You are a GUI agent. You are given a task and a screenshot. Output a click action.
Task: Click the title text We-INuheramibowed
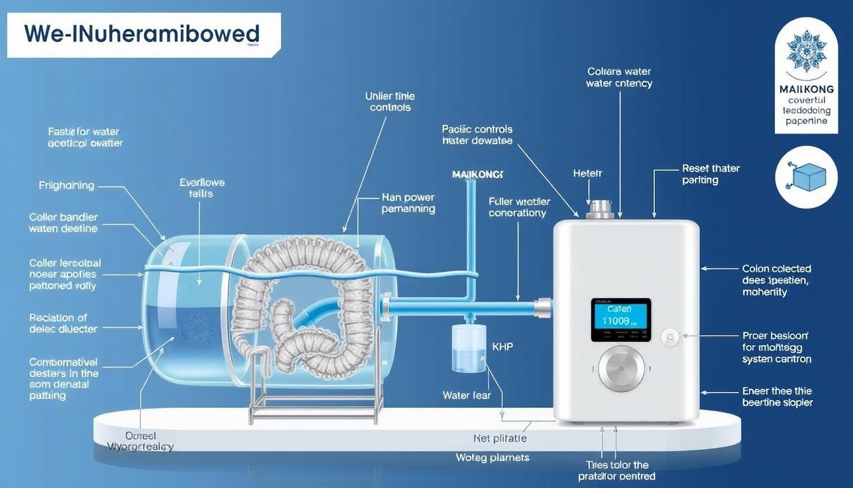[142, 34]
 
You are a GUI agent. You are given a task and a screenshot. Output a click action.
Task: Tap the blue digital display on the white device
[621, 320]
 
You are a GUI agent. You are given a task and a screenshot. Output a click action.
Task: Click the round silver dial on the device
[621, 369]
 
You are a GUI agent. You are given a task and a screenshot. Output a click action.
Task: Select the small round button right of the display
[668, 337]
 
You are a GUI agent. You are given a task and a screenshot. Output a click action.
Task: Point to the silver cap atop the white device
[599, 210]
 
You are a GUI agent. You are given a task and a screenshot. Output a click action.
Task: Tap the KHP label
[502, 347]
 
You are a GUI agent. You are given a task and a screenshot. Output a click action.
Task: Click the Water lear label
[466, 395]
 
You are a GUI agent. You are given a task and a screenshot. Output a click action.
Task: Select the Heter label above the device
[588, 173]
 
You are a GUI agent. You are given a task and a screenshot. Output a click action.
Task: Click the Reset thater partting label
[711, 174]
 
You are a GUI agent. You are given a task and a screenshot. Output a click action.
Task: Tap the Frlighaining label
[67, 186]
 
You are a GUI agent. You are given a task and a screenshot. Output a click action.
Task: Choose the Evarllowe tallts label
[202, 187]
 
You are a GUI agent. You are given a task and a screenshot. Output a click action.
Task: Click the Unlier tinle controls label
[390, 102]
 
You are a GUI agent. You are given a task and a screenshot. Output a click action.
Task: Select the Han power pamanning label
[408, 203]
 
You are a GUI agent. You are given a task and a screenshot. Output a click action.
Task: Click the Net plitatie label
[499, 438]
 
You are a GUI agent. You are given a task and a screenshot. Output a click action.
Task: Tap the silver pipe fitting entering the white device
[543, 308]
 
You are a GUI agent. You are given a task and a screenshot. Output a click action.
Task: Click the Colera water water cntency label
[619, 78]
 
